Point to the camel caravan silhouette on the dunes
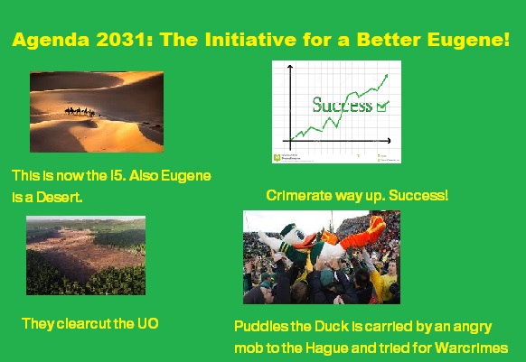point(80,111)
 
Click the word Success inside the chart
point(342,105)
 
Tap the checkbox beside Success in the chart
point(381,106)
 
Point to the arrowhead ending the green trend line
point(387,77)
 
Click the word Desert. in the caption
point(56,196)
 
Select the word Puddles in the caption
point(262,326)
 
